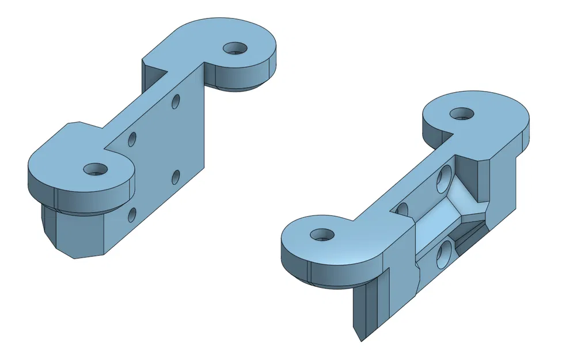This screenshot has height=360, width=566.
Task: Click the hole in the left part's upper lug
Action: [234, 48]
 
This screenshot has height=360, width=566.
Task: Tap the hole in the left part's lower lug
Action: [95, 169]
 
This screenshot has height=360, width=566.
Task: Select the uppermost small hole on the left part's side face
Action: [176, 102]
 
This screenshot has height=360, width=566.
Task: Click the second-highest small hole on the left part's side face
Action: [132, 139]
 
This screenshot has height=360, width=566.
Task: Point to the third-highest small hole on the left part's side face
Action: [176, 177]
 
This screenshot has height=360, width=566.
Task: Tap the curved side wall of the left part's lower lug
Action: [86, 196]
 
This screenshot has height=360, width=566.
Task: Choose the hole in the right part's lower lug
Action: [321, 234]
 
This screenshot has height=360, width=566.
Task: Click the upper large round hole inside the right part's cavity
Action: [445, 179]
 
